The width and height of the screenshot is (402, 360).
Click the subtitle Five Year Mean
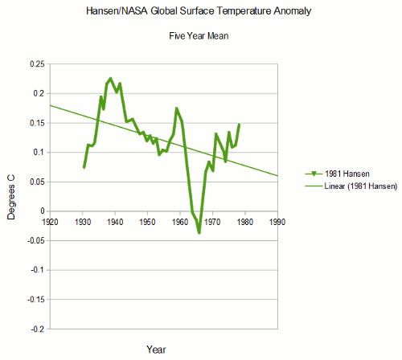click(x=199, y=37)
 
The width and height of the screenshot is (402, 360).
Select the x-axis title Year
click(x=157, y=349)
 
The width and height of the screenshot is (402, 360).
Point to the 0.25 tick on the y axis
click(x=35, y=64)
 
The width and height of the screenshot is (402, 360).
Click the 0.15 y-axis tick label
click(x=35, y=123)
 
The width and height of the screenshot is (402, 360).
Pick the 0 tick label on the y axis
click(x=42, y=211)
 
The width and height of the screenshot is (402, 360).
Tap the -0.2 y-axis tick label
click(x=35, y=329)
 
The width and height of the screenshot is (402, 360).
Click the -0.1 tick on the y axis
click(x=35, y=270)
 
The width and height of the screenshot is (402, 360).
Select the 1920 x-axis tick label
click(x=50, y=219)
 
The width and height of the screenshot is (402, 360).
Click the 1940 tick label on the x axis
click(x=115, y=219)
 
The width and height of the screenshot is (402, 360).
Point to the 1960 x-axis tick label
click(x=180, y=219)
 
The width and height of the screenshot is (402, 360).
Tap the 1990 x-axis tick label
click(x=277, y=219)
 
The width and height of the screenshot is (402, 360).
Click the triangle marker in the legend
click(x=310, y=173)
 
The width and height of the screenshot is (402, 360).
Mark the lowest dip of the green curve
click(x=199, y=233)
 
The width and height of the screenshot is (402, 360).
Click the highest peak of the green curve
click(x=110, y=79)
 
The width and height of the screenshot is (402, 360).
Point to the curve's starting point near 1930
click(x=84, y=167)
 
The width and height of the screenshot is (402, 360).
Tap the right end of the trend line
click(x=277, y=176)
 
